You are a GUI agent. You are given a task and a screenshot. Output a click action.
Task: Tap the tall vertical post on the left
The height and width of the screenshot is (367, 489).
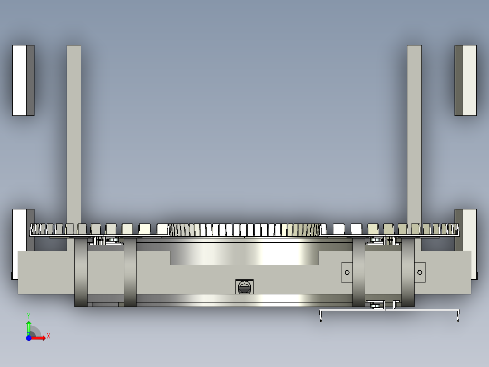click(x=74, y=136)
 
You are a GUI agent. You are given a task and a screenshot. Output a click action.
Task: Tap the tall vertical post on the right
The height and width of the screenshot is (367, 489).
click(x=414, y=136)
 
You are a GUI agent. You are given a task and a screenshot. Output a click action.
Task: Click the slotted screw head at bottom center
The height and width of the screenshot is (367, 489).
click(x=244, y=287)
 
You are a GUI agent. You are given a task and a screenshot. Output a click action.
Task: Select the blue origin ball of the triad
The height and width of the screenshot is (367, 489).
click(x=29, y=338)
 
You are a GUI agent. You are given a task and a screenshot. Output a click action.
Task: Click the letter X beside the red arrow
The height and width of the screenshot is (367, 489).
click(x=48, y=336)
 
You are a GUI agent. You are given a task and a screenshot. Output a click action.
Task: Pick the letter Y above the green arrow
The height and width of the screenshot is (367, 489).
click(x=29, y=315)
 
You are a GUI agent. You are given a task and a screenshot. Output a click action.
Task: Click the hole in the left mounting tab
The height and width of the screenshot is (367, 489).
click(x=347, y=273)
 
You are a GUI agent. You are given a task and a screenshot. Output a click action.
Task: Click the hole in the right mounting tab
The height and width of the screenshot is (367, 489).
click(x=420, y=273)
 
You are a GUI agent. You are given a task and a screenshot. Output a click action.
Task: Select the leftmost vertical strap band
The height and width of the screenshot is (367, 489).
click(x=81, y=273)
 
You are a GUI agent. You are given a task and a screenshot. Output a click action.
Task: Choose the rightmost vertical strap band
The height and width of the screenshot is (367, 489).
click(x=408, y=273)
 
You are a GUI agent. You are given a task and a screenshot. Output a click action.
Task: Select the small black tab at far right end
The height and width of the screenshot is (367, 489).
click(x=477, y=276)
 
